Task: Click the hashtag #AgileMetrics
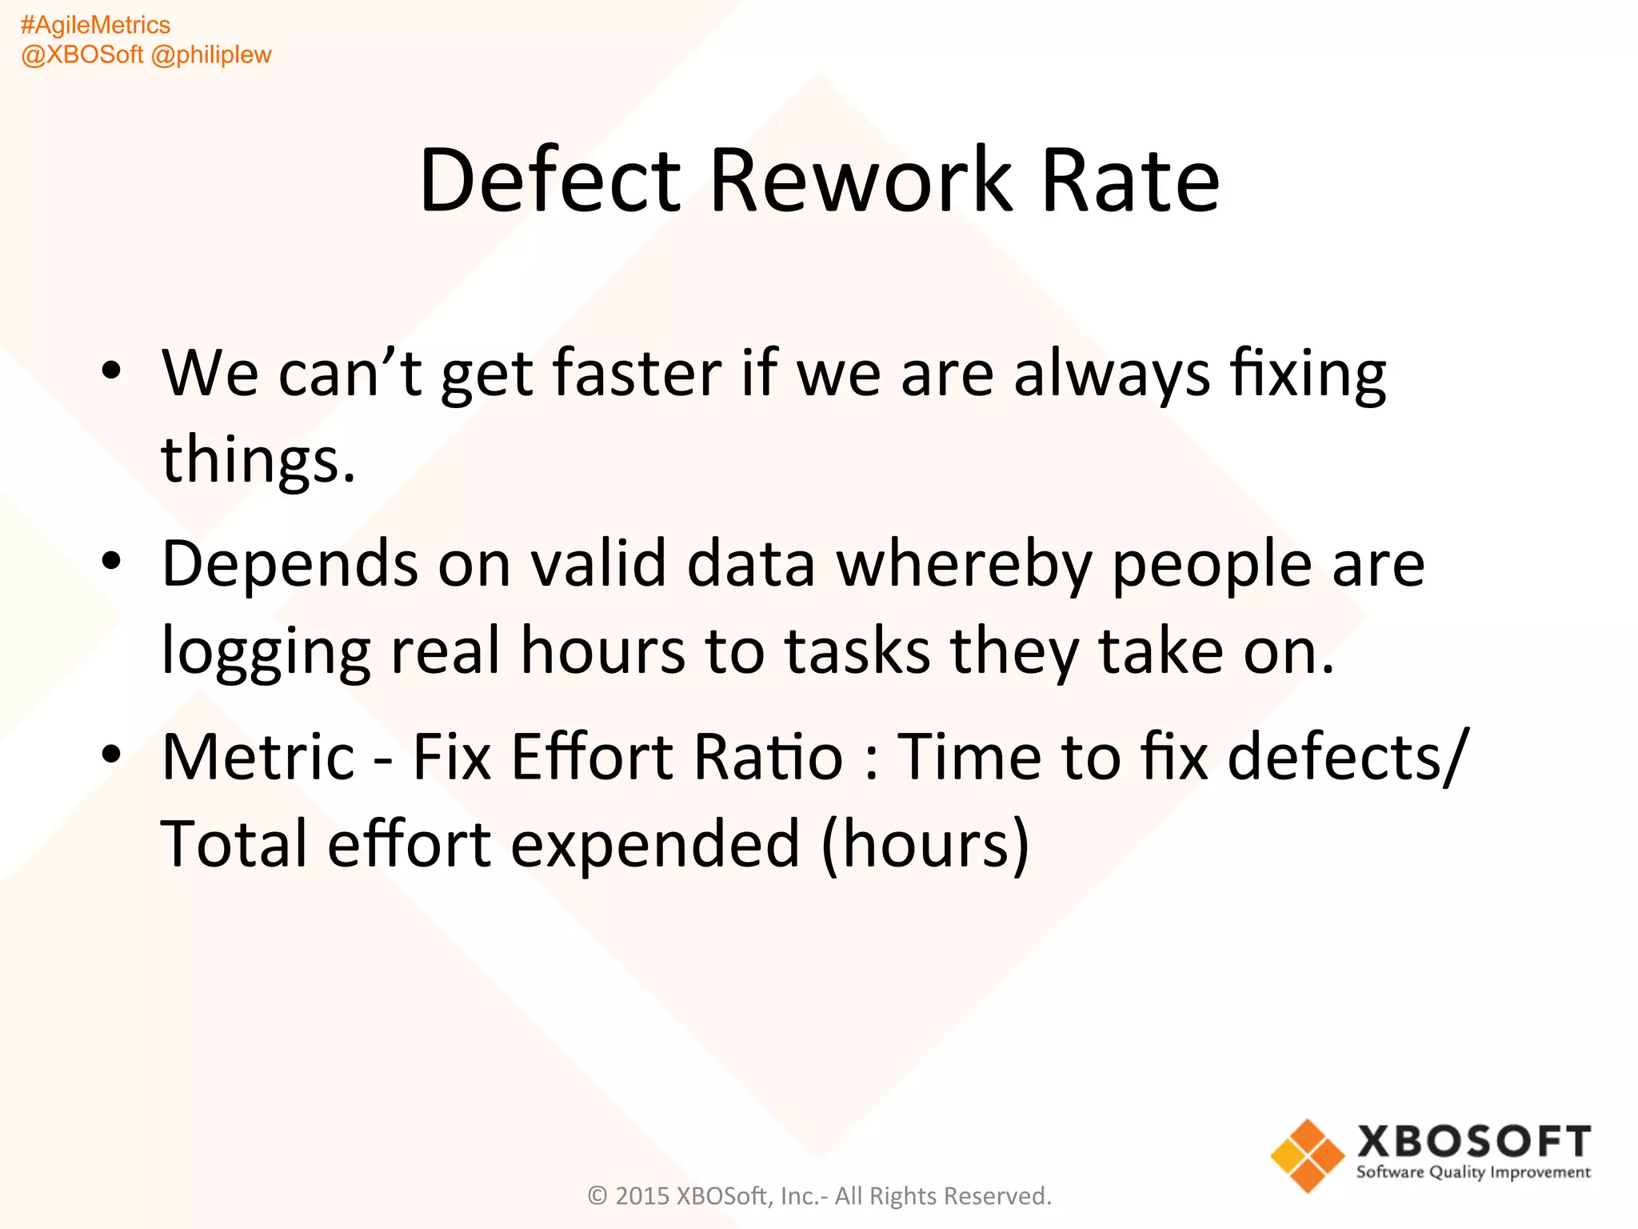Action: tap(95, 26)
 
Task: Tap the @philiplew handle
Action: tap(211, 55)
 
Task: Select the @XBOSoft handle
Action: tap(82, 55)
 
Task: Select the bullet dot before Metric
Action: tap(111, 754)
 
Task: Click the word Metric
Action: tap(258, 756)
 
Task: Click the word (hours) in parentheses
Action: tap(925, 844)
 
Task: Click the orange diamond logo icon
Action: tap(1308, 1155)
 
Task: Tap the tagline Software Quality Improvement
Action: tap(1473, 1172)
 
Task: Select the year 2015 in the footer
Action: tap(642, 1196)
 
